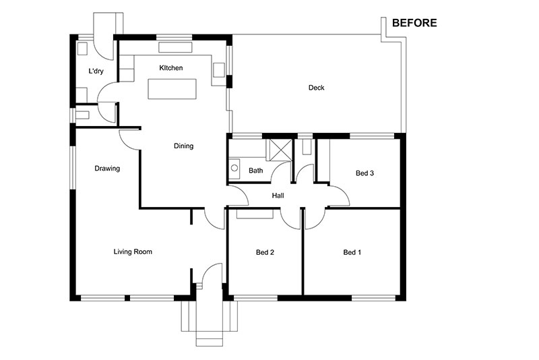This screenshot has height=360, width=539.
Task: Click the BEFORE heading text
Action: point(414,23)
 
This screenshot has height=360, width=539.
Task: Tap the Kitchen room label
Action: point(171,67)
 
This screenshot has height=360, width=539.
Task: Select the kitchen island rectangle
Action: point(172,89)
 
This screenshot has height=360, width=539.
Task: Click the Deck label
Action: point(316,88)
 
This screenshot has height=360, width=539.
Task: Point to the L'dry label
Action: point(96,71)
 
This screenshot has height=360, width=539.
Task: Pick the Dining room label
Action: point(183,146)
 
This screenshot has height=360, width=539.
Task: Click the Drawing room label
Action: point(107,169)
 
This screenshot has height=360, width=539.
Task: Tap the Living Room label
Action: point(133,251)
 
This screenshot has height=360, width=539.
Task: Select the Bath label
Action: point(256,170)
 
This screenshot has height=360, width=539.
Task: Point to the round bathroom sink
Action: point(234,168)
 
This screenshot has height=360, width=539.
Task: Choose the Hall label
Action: point(278,196)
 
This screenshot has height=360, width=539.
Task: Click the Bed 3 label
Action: point(364,173)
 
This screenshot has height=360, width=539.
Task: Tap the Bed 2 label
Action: point(265,252)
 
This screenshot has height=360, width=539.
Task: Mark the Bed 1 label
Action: point(352,252)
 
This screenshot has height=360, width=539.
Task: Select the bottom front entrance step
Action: point(210,342)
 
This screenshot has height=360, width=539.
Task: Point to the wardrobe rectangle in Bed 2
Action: point(255,214)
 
